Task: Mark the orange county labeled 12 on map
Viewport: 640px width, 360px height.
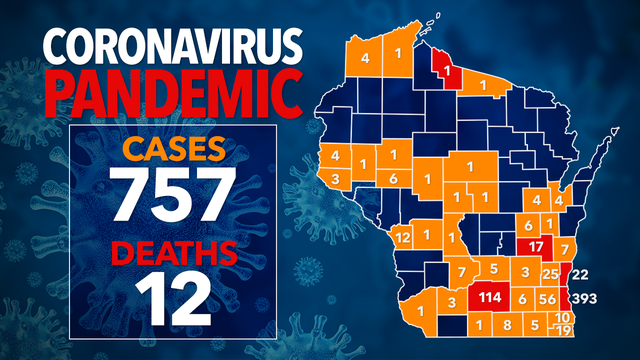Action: (x=403, y=237)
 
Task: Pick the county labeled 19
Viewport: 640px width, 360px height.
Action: (x=564, y=331)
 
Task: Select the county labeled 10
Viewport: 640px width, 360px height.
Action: (x=564, y=317)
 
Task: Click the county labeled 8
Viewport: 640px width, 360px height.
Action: (x=507, y=325)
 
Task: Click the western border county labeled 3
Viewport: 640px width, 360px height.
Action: (x=334, y=178)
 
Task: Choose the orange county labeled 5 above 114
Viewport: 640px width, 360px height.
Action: (x=493, y=269)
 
